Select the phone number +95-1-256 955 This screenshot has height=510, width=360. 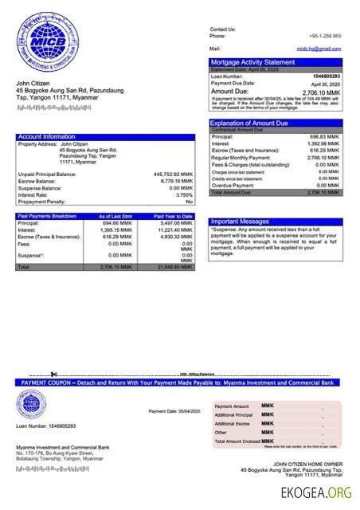pos(325,36)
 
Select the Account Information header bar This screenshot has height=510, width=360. pos(104,137)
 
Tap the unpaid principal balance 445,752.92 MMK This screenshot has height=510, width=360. pos(173,174)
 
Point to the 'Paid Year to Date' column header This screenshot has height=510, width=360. pos(173,216)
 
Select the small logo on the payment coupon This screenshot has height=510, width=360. pos(32,404)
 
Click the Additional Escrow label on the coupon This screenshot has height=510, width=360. pos(234,423)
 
